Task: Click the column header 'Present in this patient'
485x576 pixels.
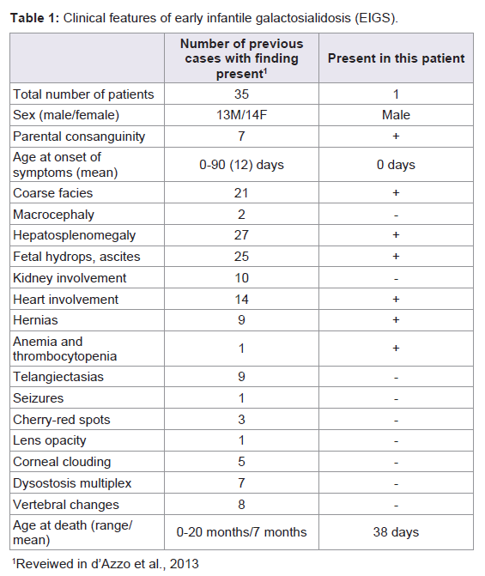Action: (396, 58)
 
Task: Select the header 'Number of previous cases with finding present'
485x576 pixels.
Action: (241, 58)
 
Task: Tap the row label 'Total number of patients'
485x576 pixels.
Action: (83, 94)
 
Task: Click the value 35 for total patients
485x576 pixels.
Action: (241, 94)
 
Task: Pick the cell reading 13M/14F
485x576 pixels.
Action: (241, 115)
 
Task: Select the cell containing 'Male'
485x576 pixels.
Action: (396, 115)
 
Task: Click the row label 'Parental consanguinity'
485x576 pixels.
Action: (79, 136)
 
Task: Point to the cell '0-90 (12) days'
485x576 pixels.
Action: (241, 165)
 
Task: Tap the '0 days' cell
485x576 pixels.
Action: (396, 165)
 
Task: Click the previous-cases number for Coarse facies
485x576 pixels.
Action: (241, 193)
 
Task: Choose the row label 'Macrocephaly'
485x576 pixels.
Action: (53, 215)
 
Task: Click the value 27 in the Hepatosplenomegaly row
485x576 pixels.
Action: (241, 235)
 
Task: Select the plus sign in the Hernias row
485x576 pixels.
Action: (396, 320)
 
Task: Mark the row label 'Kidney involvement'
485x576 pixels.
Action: (70, 278)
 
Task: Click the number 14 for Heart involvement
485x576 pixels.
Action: (241, 300)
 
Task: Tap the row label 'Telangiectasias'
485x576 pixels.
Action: (58, 377)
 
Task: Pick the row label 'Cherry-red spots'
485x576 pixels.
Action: (62, 420)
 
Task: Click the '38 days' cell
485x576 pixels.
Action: (396, 532)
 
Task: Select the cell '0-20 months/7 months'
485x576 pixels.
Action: (241, 532)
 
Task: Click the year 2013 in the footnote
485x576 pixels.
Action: (184, 564)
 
